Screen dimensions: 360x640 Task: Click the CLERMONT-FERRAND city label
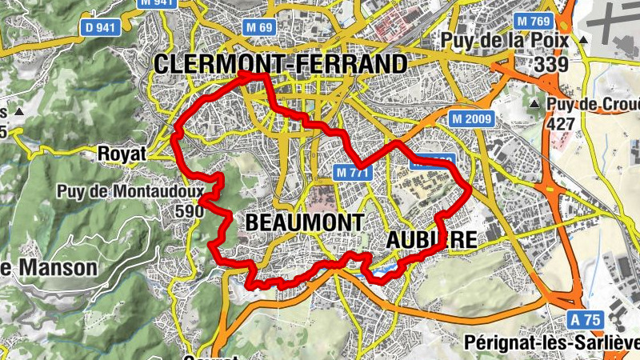pyautogui.click(x=281, y=64)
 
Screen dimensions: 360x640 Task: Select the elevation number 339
pyautogui.click(x=552, y=65)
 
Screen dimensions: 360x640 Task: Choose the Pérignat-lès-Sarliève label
pyautogui.click(x=551, y=343)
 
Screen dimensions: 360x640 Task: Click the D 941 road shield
pyautogui.click(x=100, y=28)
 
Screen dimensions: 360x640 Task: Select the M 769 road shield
pyautogui.click(x=534, y=20)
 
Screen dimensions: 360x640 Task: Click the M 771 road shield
pyautogui.click(x=352, y=171)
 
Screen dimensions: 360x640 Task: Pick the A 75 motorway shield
pyautogui.click(x=586, y=319)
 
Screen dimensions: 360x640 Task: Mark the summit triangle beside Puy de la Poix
pyautogui.click(x=585, y=39)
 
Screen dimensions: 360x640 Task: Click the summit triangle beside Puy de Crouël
pyautogui.click(x=534, y=105)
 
